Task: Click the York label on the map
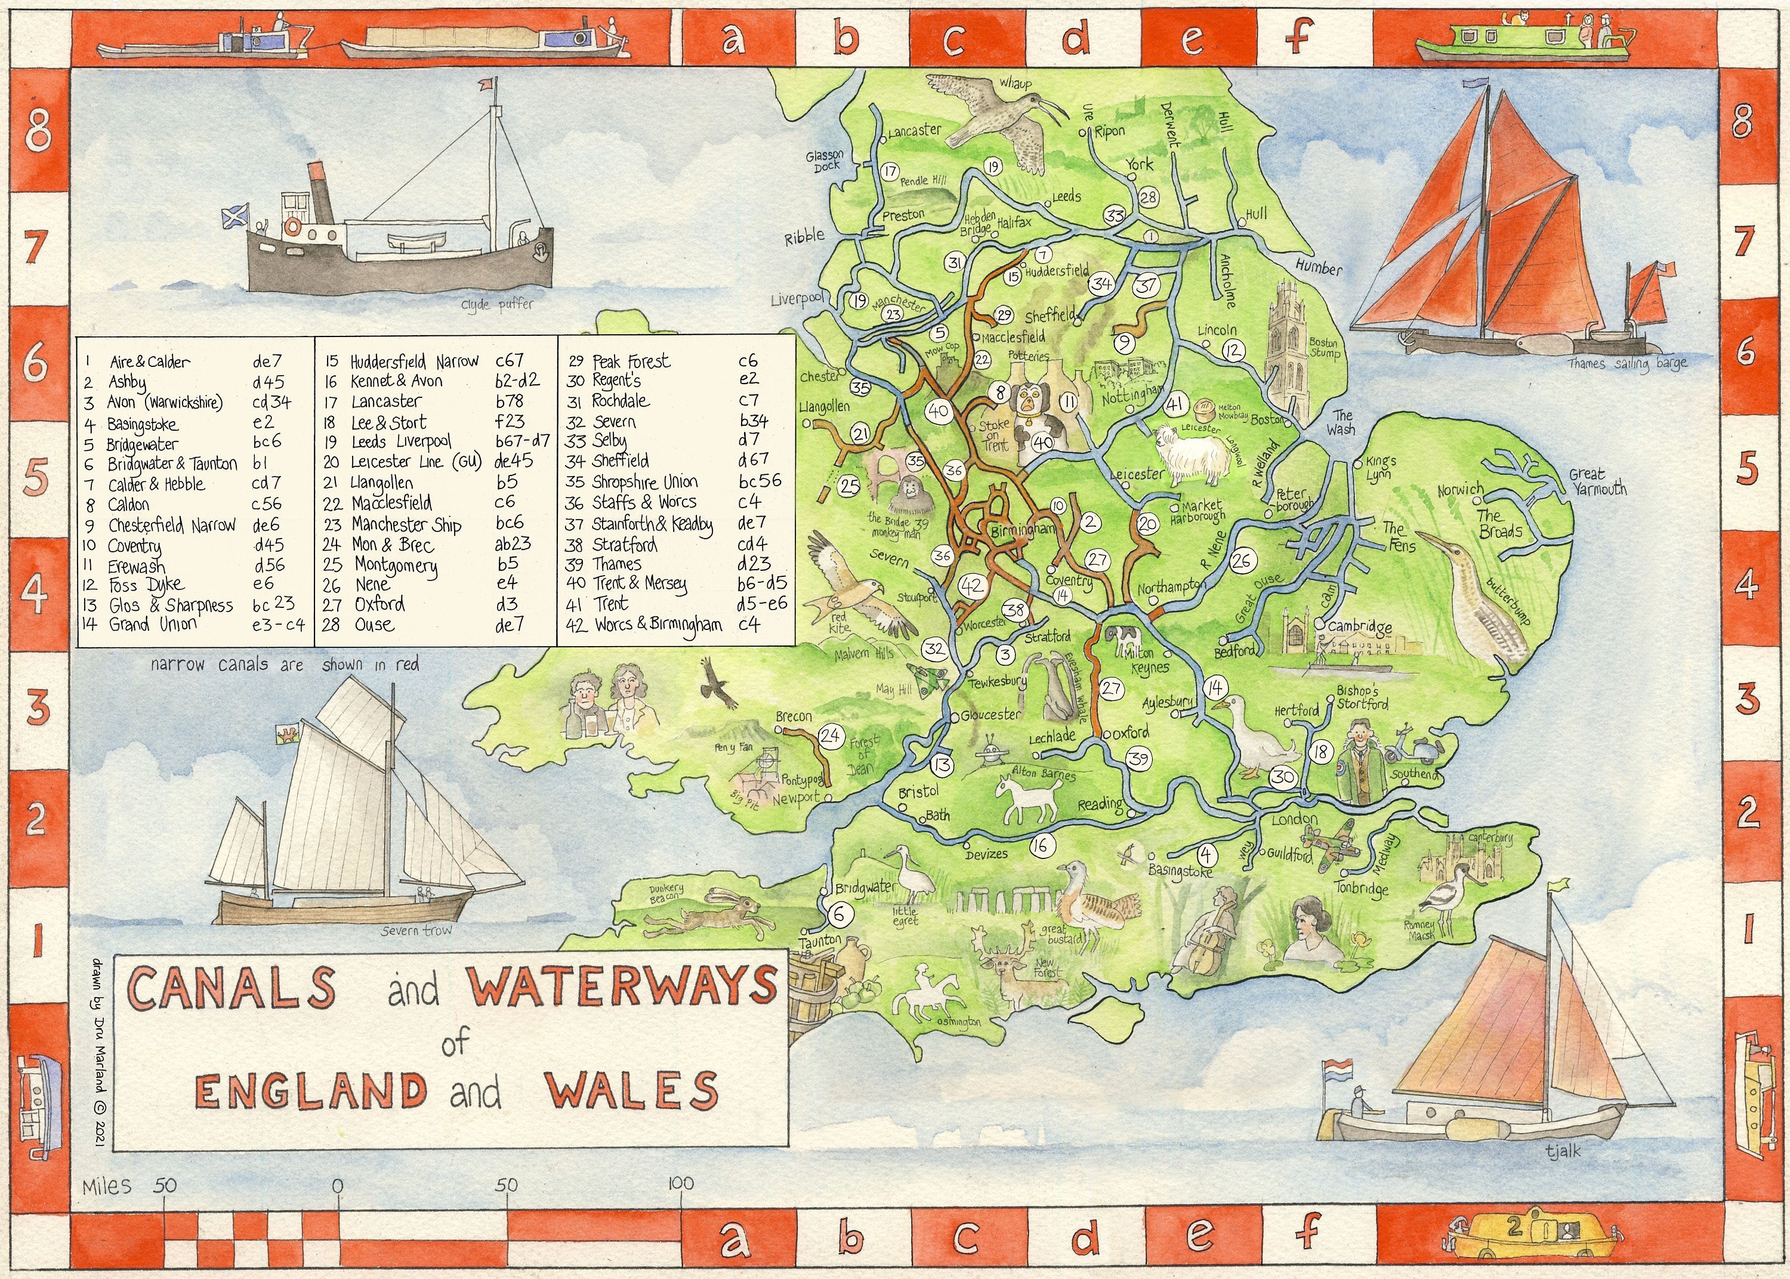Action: [x=1138, y=164]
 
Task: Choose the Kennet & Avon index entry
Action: [x=396, y=381]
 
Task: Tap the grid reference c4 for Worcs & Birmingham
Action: [x=749, y=625]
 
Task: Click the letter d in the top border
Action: [x=1076, y=38]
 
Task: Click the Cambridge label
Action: [x=1360, y=627]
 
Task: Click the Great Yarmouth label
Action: [x=1597, y=481]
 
